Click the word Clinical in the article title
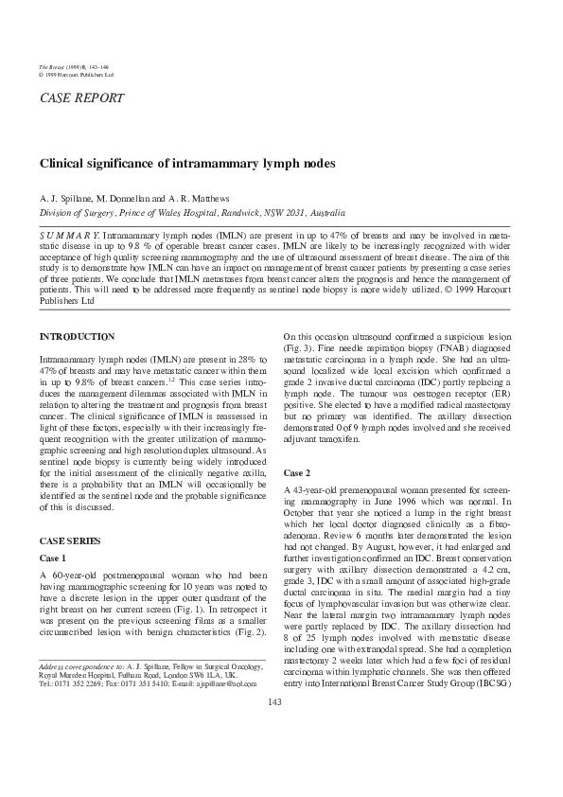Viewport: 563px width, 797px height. click(x=61, y=164)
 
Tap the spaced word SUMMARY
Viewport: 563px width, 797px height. click(x=68, y=232)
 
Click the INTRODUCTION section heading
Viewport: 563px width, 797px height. click(x=77, y=337)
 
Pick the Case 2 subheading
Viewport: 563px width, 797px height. click(x=297, y=472)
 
